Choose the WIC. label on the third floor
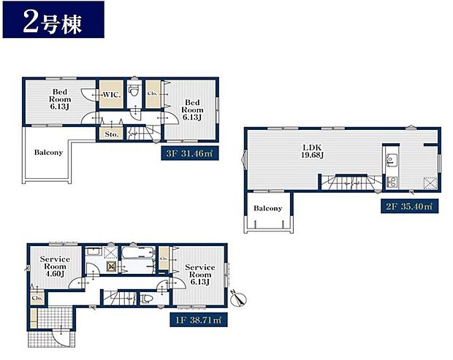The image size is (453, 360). [x=112, y=95]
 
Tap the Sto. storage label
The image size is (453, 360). [x=111, y=134]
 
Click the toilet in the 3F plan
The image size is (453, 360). [x=133, y=93]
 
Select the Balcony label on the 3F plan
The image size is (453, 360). [x=48, y=153]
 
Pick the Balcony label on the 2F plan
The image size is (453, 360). [x=267, y=208]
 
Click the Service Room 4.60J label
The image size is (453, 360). [x=55, y=264]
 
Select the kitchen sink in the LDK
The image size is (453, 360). [x=390, y=159]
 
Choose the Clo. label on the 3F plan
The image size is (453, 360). [x=153, y=93]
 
